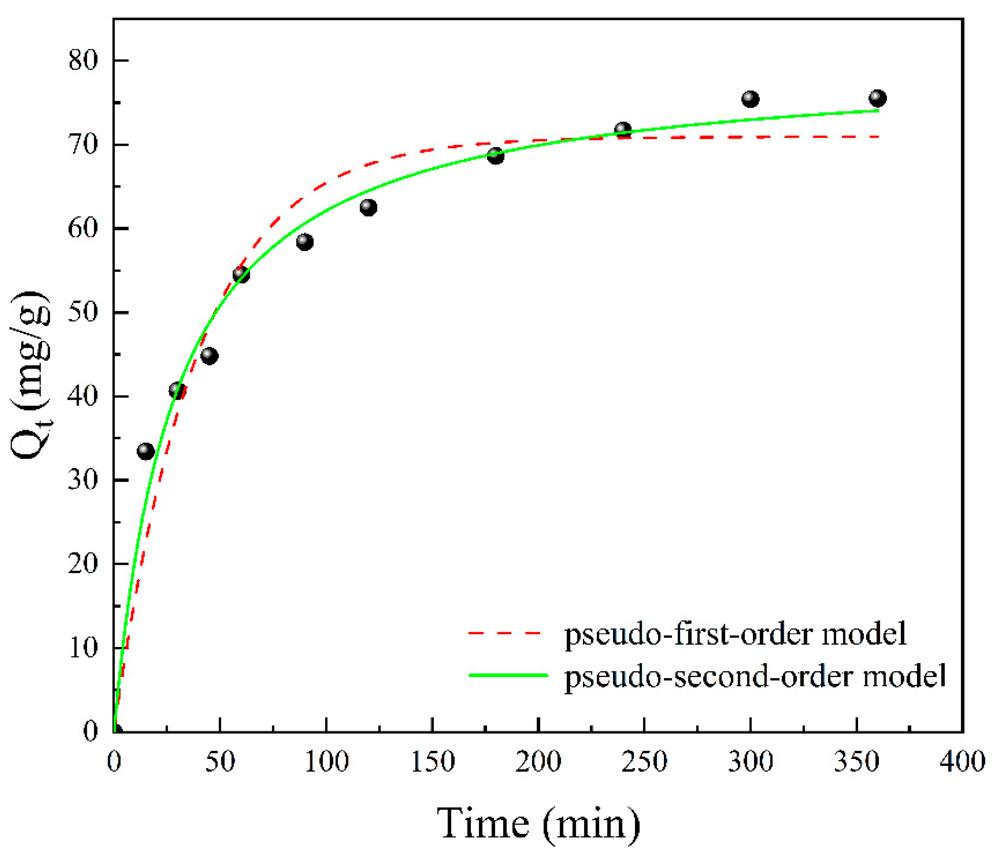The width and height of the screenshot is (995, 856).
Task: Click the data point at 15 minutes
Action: (x=145, y=451)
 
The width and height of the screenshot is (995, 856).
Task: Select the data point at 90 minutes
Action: (x=305, y=242)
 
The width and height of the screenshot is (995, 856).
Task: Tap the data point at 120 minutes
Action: (x=368, y=207)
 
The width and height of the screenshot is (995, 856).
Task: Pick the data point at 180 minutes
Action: (x=496, y=156)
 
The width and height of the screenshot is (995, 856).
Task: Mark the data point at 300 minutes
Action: (x=750, y=100)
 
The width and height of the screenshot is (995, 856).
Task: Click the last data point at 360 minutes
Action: (x=877, y=98)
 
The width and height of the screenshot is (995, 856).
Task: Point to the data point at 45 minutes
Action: (x=209, y=356)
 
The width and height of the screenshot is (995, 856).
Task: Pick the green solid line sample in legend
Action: (x=508, y=675)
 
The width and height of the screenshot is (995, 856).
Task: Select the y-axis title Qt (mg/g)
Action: (x=30, y=375)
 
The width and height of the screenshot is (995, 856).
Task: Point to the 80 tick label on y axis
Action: (x=83, y=61)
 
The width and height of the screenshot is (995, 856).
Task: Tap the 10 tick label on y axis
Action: (x=83, y=648)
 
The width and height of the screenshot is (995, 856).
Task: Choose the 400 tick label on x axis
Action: (x=962, y=762)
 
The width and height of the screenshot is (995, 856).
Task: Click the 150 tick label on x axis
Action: (x=432, y=762)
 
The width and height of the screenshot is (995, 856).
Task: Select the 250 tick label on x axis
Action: (x=644, y=762)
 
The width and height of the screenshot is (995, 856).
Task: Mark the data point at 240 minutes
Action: (x=623, y=130)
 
